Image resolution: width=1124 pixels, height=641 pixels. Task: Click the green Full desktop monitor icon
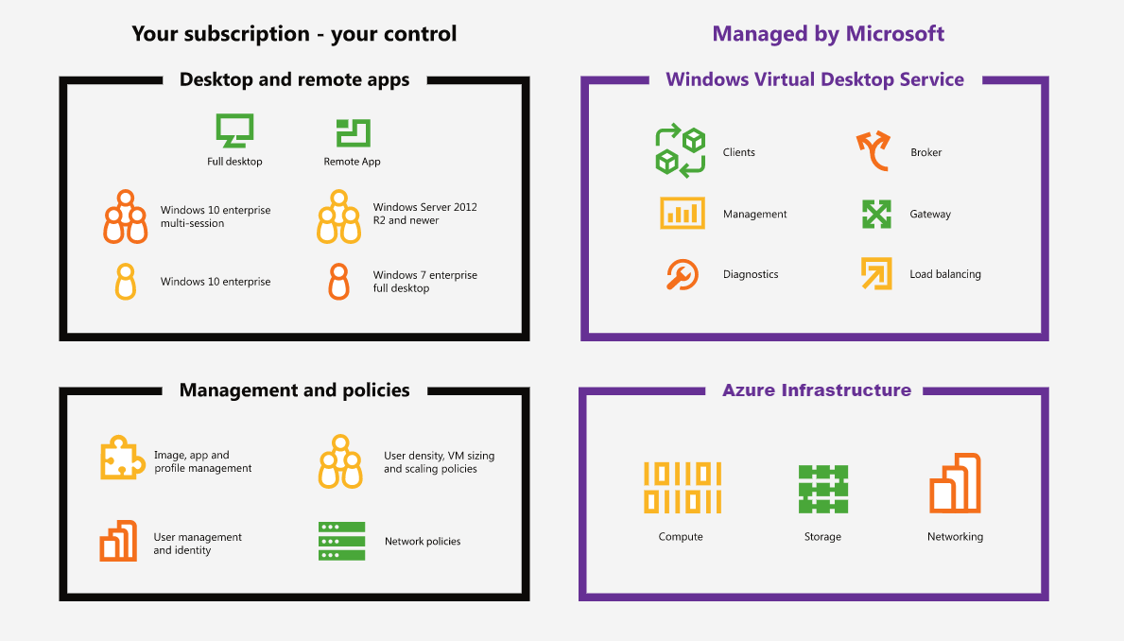234,130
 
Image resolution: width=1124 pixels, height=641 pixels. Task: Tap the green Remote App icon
353,133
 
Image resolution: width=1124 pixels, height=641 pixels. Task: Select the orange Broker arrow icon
873,150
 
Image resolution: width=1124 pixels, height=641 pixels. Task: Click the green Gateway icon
876,214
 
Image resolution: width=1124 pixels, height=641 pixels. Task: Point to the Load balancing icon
876,273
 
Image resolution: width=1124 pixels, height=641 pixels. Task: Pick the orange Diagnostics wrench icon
682,274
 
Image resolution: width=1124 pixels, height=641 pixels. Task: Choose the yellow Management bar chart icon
682,213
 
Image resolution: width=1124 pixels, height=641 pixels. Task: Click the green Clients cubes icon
681,150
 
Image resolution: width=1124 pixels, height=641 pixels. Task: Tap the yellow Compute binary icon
683,488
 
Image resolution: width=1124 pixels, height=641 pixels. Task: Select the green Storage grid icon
823,489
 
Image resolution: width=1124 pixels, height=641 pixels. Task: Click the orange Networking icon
955,482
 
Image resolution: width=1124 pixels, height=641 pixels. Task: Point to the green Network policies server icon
342,542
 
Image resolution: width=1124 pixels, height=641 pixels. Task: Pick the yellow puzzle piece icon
122,457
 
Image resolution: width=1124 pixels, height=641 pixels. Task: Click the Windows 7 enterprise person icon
339,281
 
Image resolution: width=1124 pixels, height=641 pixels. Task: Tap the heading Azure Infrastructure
817,390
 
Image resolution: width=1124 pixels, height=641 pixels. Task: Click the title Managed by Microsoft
828,34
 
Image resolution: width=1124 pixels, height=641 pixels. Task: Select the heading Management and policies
295,390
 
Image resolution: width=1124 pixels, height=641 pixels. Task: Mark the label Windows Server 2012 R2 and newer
425,214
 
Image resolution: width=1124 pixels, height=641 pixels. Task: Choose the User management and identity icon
118,541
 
